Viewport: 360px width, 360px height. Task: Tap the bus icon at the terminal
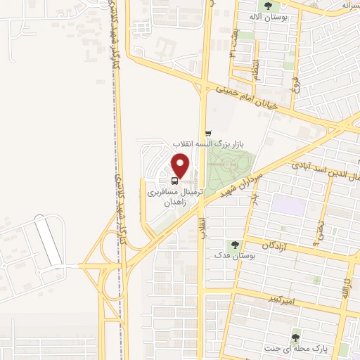coord(175,180)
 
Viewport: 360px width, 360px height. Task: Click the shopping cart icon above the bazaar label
coord(208,133)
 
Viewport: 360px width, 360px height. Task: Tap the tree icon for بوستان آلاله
coord(269,6)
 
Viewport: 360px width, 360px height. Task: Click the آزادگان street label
coord(277,245)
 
